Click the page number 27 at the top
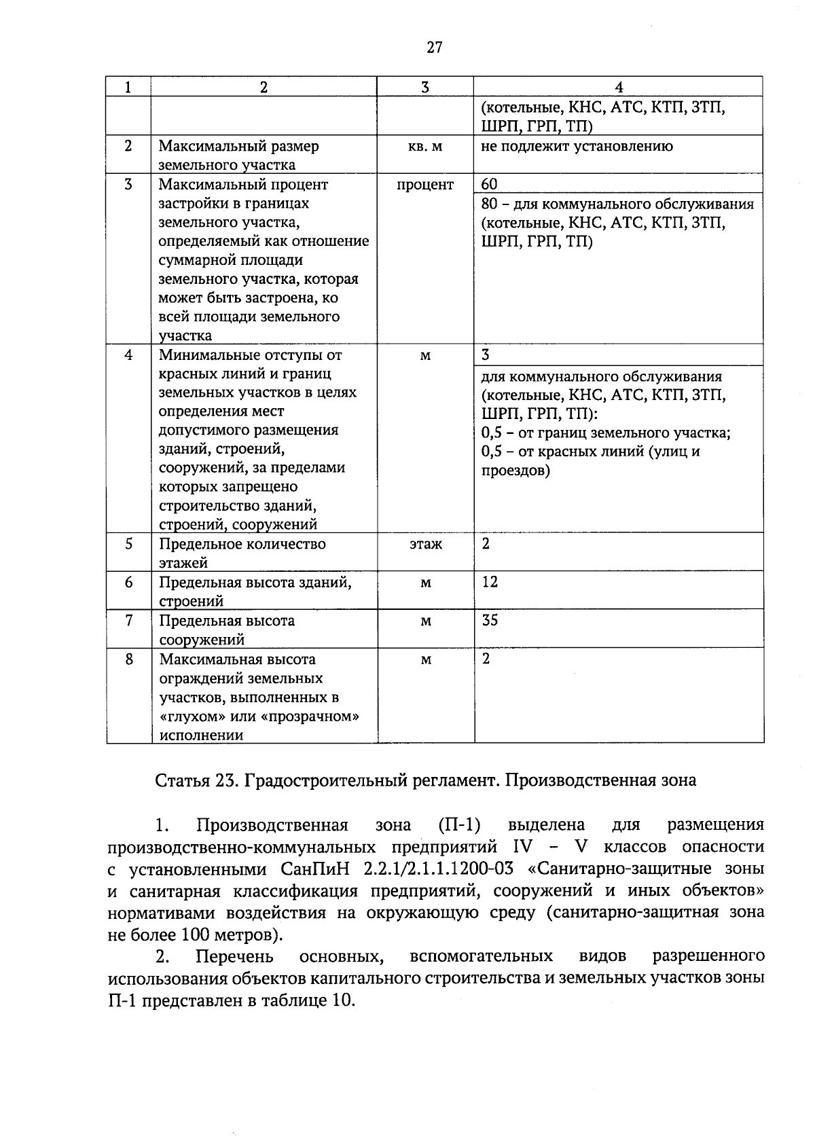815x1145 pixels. pyautogui.click(x=435, y=47)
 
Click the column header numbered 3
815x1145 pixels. pyautogui.click(x=425, y=87)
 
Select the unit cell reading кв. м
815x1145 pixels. pyautogui.click(x=425, y=147)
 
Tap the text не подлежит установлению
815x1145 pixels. pyautogui.click(x=577, y=146)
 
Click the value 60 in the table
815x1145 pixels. pyautogui.click(x=489, y=185)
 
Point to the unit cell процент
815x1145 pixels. pyautogui.click(x=425, y=185)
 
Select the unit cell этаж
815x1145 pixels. pyautogui.click(x=425, y=544)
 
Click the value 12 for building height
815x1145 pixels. pyautogui.click(x=490, y=582)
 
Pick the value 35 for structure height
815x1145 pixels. pyautogui.click(x=490, y=620)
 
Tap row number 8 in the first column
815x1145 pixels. pyautogui.click(x=129, y=659)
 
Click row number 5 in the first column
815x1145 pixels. pyautogui.click(x=129, y=543)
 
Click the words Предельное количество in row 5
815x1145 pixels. pyautogui.click(x=242, y=544)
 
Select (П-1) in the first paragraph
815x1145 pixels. pyautogui.click(x=460, y=825)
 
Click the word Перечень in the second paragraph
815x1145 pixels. pyautogui.click(x=234, y=957)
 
